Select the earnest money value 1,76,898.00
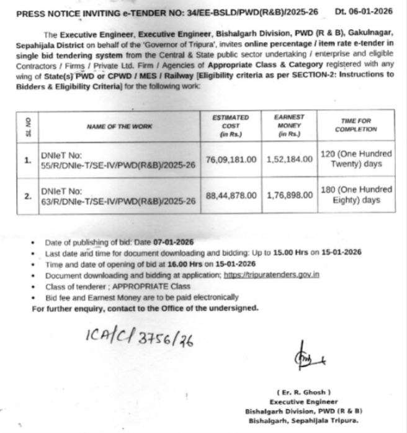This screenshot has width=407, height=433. [290, 195]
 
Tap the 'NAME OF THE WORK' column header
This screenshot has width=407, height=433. [109, 127]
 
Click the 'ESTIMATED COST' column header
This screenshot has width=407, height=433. [230, 125]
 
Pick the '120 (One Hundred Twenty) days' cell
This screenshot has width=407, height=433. [356, 159]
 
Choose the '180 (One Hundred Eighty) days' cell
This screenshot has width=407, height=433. [356, 194]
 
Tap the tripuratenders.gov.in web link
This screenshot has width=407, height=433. [272, 275]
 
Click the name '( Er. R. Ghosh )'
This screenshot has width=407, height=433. [303, 392]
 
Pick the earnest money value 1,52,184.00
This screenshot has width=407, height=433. [290, 160]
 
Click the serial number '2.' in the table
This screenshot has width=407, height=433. [27, 196]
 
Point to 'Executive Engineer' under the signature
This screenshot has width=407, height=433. [303, 403]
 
